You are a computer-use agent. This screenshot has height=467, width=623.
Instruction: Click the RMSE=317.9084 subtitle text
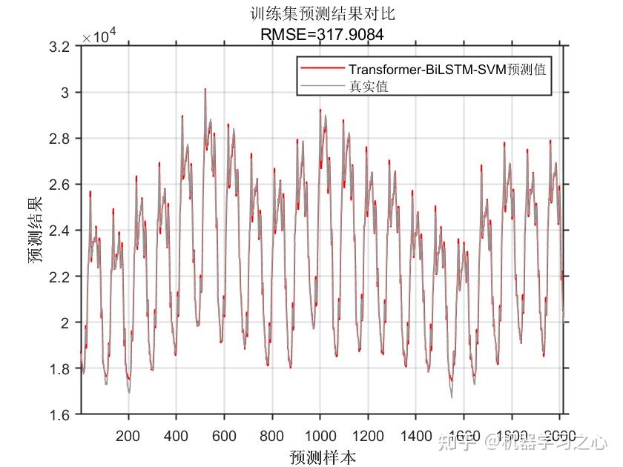point(323,33)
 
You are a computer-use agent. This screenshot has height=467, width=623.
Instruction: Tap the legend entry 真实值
point(369,87)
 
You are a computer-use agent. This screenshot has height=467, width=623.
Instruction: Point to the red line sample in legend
point(323,69)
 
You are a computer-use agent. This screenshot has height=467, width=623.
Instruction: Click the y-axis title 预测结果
point(36,230)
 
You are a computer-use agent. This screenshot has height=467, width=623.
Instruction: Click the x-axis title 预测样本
point(323,457)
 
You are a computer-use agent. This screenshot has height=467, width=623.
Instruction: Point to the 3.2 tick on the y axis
point(62,47)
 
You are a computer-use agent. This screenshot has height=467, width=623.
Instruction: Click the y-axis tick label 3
point(67,93)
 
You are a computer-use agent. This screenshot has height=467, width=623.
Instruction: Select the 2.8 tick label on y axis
point(62,139)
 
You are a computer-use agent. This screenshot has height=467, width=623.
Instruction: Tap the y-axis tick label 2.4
point(62,231)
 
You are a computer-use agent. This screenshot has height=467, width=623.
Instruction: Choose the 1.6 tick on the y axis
point(62,414)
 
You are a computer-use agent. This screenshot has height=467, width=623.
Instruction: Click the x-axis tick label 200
point(128,435)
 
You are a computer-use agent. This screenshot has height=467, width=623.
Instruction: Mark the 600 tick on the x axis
point(224,435)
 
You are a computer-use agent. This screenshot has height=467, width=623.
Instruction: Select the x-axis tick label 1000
point(320,435)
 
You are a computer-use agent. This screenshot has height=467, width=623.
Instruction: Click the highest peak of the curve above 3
point(205,89)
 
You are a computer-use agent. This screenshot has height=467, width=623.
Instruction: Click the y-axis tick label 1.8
point(62,368)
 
